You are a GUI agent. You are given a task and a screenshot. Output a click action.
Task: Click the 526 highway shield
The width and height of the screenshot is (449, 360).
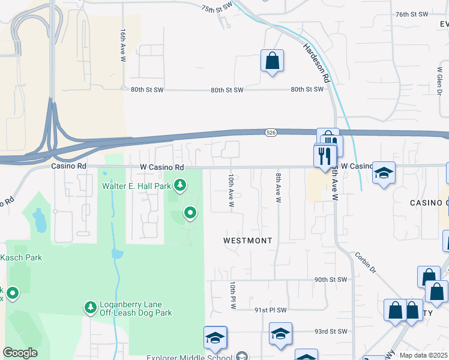coord(271,131)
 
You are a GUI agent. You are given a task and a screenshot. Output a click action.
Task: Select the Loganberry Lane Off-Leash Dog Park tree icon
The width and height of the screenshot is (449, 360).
coord(91,307)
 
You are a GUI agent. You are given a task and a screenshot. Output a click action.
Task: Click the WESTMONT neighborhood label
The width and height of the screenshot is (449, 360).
coord(247,240)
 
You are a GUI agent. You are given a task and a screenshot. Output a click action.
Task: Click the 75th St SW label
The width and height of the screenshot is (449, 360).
coord(216,8)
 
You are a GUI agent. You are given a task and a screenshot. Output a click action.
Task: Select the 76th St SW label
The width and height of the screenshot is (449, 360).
coord(412,14)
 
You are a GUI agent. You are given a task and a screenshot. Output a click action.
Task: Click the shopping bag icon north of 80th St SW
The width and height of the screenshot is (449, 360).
coord(272,61)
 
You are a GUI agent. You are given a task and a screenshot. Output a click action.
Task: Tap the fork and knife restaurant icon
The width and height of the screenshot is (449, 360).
coord(325,156)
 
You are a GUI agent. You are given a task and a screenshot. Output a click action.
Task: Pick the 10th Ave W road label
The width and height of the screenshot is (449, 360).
coord(231,191)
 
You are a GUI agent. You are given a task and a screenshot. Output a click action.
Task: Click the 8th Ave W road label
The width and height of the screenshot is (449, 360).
coord(279,187)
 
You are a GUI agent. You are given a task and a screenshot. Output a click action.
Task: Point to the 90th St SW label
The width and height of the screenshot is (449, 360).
coord(331,280)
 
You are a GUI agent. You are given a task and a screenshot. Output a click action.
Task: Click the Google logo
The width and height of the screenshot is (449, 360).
coord(20,353)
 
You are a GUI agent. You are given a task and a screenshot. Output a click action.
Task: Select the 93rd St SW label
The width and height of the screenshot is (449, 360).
coord(331,331)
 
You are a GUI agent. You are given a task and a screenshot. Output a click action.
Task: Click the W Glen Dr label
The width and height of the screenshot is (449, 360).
coord(440,79)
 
